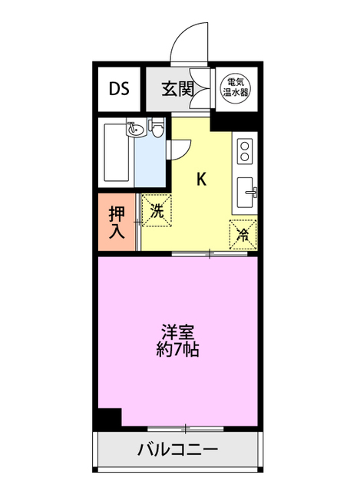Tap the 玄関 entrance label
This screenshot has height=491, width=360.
(177, 88)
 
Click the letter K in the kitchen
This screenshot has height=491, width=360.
(201, 180)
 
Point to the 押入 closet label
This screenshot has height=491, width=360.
(117, 222)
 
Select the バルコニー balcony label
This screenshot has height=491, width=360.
(178, 449)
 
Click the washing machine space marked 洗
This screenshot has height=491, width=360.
(156, 210)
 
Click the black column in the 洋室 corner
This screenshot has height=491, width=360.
(109, 418)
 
